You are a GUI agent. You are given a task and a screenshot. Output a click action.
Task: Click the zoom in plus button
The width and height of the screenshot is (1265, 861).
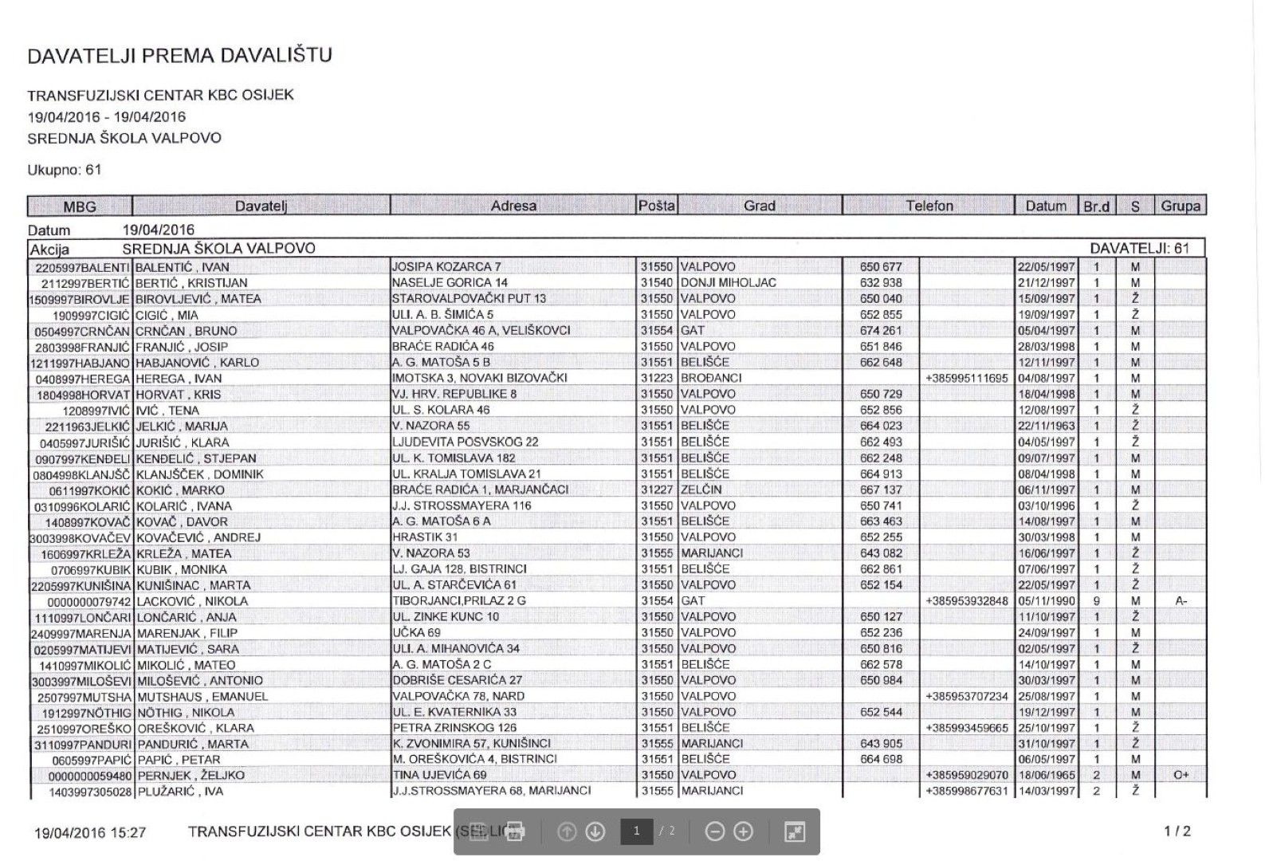(x=743, y=832)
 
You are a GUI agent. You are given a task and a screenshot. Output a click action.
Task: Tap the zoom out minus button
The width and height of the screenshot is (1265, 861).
(x=715, y=832)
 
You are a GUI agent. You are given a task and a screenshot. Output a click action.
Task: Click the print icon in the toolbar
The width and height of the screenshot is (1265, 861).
(x=515, y=832)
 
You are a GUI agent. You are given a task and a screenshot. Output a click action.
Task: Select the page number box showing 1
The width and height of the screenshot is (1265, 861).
(x=636, y=832)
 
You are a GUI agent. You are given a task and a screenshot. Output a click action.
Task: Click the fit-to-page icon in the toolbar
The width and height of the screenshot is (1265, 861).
(x=795, y=832)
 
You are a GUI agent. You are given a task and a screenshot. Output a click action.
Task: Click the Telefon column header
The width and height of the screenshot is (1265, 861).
(x=929, y=206)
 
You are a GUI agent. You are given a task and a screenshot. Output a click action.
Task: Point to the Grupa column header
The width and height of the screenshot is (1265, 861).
(x=1180, y=206)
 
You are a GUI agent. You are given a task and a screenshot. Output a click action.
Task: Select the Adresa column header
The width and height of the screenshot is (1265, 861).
(x=513, y=206)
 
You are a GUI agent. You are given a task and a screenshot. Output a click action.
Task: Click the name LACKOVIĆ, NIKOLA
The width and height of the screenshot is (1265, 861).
(x=192, y=601)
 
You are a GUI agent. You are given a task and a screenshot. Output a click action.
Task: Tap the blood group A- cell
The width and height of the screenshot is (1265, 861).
(x=1181, y=600)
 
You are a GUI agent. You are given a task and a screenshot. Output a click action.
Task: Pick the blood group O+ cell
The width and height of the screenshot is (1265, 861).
(x=1181, y=775)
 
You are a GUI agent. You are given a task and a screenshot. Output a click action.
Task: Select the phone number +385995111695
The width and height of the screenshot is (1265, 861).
(x=967, y=378)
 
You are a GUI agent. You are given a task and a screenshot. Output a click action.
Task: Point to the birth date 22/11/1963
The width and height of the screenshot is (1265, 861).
(x=1046, y=426)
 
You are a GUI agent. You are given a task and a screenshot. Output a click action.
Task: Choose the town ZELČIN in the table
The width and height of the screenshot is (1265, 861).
(x=701, y=489)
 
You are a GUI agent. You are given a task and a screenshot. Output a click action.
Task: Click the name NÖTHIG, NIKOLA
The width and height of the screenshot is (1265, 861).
(x=184, y=712)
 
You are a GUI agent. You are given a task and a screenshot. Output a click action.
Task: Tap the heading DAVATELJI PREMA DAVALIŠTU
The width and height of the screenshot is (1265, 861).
(x=179, y=56)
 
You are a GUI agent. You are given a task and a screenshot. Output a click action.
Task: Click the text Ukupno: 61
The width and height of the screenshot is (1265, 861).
(x=64, y=170)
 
